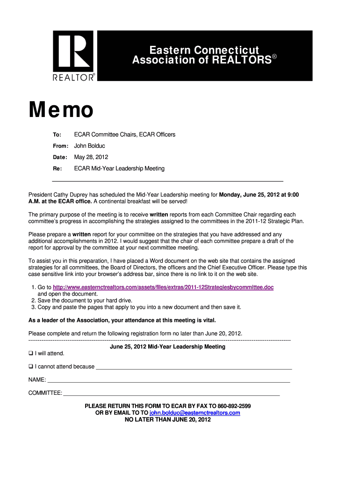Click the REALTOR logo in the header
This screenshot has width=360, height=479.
coord(73,56)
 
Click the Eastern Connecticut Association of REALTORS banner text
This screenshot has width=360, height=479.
coord(204,55)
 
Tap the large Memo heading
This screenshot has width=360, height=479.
coord(61,110)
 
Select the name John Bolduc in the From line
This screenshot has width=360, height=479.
coord(90,146)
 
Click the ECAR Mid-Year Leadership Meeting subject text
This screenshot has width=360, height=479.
coord(119,168)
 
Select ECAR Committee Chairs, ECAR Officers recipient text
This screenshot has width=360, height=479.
coord(125,135)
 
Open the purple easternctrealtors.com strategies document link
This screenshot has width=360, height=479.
coord(163,287)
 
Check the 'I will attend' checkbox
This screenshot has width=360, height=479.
coord(31,353)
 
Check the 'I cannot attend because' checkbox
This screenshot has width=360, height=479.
coord(31,366)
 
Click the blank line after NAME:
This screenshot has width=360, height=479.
coord(168,380)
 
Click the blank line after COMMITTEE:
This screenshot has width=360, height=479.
coord(171,394)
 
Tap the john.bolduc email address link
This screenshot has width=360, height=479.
coord(194,413)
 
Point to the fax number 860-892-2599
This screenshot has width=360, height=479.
coord(234,406)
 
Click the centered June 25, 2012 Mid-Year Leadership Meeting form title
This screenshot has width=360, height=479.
coord(167,347)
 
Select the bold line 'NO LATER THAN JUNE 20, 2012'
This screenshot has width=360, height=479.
coord(167,420)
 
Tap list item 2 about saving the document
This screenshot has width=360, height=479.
coord(82,300)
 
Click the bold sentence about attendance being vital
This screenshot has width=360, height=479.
coord(122,320)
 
